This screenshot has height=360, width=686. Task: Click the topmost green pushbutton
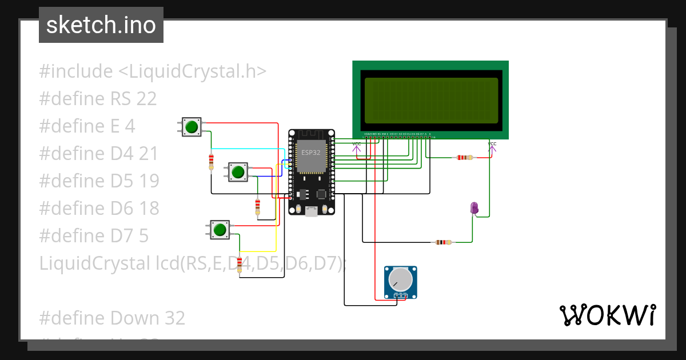click(192, 126)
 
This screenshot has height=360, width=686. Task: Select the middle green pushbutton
click(238, 171)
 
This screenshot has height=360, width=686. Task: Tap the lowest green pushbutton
click(220, 230)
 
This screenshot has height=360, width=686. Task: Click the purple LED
click(474, 209)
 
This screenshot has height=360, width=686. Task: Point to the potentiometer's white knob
click(400, 279)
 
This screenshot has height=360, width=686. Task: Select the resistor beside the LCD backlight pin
click(464, 157)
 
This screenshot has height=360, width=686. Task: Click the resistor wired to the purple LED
click(442, 242)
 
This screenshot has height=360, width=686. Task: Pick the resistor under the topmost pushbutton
click(212, 161)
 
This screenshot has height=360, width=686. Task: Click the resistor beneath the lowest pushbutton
click(240, 265)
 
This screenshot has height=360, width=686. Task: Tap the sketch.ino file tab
click(101, 25)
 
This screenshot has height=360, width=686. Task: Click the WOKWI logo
click(607, 315)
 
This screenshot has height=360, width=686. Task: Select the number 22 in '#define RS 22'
click(146, 99)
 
